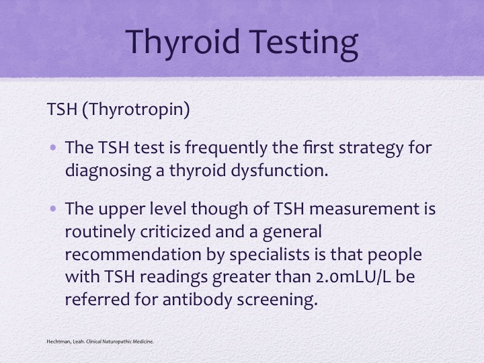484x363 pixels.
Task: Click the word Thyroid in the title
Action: pos(182,42)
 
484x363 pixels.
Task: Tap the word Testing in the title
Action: pos(303,42)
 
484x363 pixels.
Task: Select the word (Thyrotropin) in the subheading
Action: pos(136,110)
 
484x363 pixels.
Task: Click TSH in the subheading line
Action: pos(62,109)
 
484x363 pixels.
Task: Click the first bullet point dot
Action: pos(53,147)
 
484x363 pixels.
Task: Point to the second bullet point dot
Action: pos(53,209)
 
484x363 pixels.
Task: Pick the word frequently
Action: pos(227,148)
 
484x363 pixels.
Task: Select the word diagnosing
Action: pos(108,171)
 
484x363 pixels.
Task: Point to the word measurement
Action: pos(362,209)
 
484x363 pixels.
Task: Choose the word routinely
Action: pos(100,232)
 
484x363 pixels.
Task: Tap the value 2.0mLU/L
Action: pos(353,277)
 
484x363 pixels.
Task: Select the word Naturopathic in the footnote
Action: pos(117,341)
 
